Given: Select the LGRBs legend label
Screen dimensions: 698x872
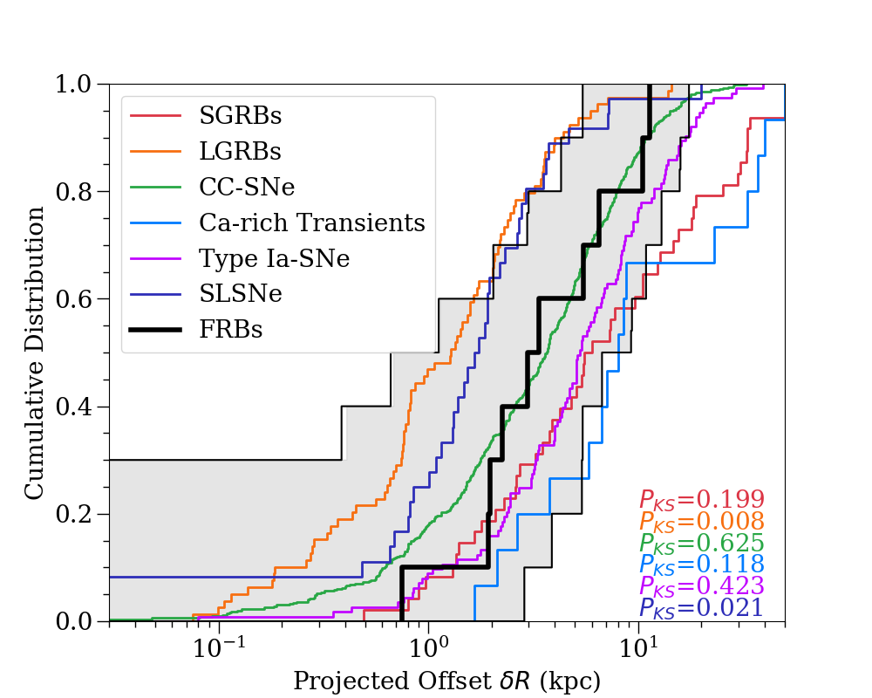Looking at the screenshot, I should pyautogui.click(x=240, y=151).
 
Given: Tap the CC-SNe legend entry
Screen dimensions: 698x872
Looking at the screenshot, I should pyautogui.click(x=246, y=187).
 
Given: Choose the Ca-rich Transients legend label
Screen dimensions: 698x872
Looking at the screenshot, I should pyautogui.click(x=312, y=222).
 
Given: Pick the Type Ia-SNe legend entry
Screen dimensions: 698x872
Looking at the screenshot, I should pyautogui.click(x=274, y=258).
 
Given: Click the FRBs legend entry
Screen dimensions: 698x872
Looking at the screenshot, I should pyautogui.click(x=231, y=330).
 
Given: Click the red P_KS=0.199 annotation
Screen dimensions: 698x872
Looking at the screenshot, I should pyautogui.click(x=702, y=500).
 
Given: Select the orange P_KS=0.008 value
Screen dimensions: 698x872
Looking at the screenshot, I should pyautogui.click(x=702, y=522).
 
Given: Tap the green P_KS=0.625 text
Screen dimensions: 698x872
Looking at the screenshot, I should pyautogui.click(x=702, y=543).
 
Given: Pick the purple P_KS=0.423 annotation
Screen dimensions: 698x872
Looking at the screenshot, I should pyautogui.click(x=702, y=585).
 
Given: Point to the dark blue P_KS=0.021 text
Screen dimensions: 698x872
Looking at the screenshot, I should pyautogui.click(x=702, y=607).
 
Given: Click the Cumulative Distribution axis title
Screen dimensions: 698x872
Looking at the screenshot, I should pyautogui.click(x=35, y=352).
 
